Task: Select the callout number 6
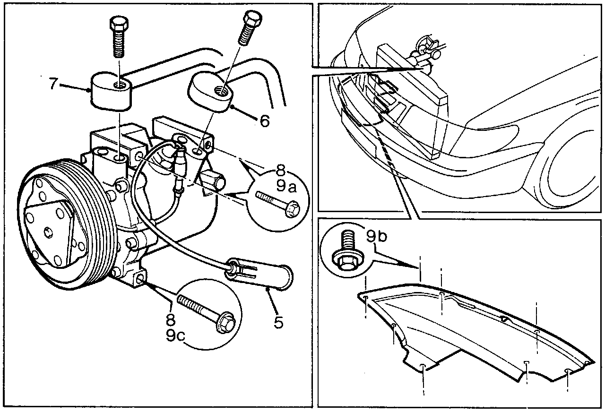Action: pos(264,121)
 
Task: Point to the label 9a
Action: pos(286,187)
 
